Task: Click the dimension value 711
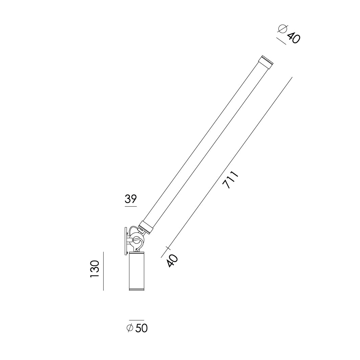[231, 180]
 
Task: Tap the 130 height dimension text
[95, 269]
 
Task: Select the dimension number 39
[131, 199]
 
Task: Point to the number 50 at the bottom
[141, 328]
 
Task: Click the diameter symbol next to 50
[130, 328]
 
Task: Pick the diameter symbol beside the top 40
[283, 30]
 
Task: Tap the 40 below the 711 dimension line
[173, 261]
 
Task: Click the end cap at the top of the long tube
[266, 62]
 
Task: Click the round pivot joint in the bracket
[137, 241]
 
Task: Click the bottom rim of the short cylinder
[136, 290]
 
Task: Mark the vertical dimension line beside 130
[103, 271]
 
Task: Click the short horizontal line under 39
[131, 206]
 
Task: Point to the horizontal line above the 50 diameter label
[136, 320]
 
